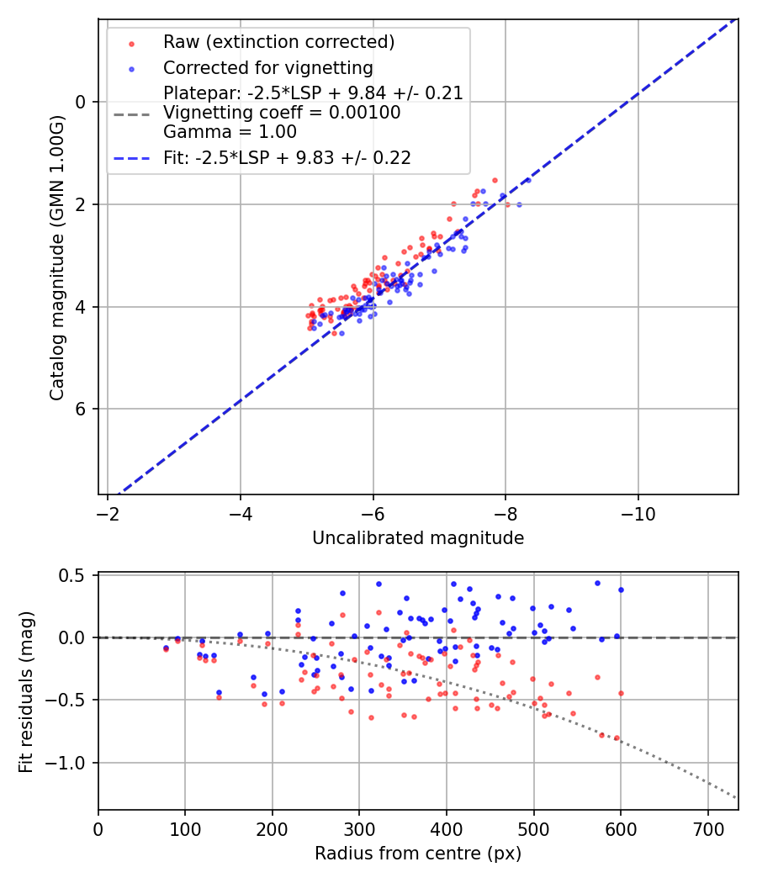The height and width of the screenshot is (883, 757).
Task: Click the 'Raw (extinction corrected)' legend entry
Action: tap(278, 42)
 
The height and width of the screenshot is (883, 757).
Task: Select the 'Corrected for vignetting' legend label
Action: tap(267, 67)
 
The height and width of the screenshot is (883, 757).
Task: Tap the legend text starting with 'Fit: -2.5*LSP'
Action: tap(287, 158)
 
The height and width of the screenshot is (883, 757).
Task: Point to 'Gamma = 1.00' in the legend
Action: tap(230, 131)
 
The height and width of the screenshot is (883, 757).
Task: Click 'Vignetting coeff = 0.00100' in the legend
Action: tap(282, 113)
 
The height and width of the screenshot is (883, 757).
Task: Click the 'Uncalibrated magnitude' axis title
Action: tap(418, 538)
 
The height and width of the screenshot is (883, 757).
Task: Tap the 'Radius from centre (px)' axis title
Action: tap(418, 854)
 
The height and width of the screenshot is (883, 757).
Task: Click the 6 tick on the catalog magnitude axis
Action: tap(82, 410)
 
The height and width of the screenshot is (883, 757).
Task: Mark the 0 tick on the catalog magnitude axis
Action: tap(82, 102)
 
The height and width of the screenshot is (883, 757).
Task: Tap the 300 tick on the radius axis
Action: tap(359, 827)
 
